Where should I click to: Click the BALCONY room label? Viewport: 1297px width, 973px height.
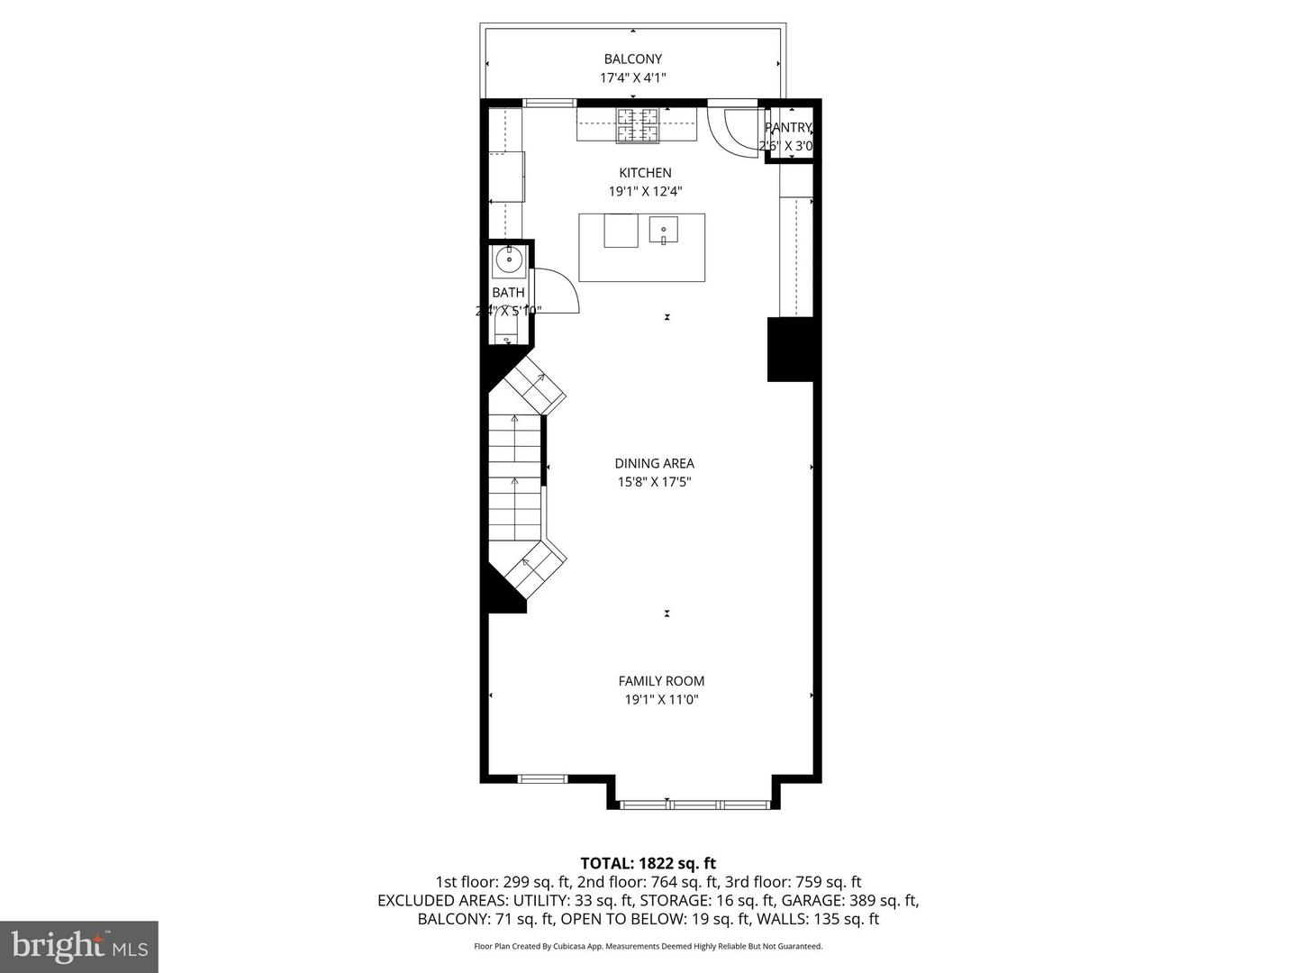pyautogui.click(x=632, y=59)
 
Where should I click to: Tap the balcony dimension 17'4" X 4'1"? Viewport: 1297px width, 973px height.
pyautogui.click(x=632, y=78)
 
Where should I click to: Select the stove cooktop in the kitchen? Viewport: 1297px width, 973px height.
pyautogui.click(x=638, y=125)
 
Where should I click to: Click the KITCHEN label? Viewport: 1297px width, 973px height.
pyautogui.click(x=645, y=173)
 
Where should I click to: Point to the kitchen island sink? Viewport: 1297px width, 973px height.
pyautogui.click(x=664, y=231)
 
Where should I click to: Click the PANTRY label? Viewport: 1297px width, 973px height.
pyautogui.click(x=789, y=128)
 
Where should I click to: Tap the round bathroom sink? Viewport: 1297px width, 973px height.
pyautogui.click(x=509, y=261)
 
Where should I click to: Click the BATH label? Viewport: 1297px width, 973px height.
pyautogui.click(x=508, y=293)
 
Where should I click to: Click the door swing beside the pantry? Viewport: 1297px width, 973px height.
pyautogui.click(x=730, y=131)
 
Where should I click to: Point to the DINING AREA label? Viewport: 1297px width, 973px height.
pyautogui.click(x=655, y=464)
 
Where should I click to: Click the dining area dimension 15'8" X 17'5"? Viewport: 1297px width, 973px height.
pyautogui.click(x=655, y=482)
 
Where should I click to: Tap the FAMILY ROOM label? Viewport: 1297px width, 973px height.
pyautogui.click(x=661, y=681)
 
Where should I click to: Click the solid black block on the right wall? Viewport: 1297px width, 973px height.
pyautogui.click(x=791, y=350)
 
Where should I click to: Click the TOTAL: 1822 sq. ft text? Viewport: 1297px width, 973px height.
pyautogui.click(x=648, y=864)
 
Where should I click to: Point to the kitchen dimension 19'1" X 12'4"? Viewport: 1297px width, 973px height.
pyautogui.click(x=645, y=191)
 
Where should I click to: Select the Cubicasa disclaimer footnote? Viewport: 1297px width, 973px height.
pyautogui.click(x=648, y=946)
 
